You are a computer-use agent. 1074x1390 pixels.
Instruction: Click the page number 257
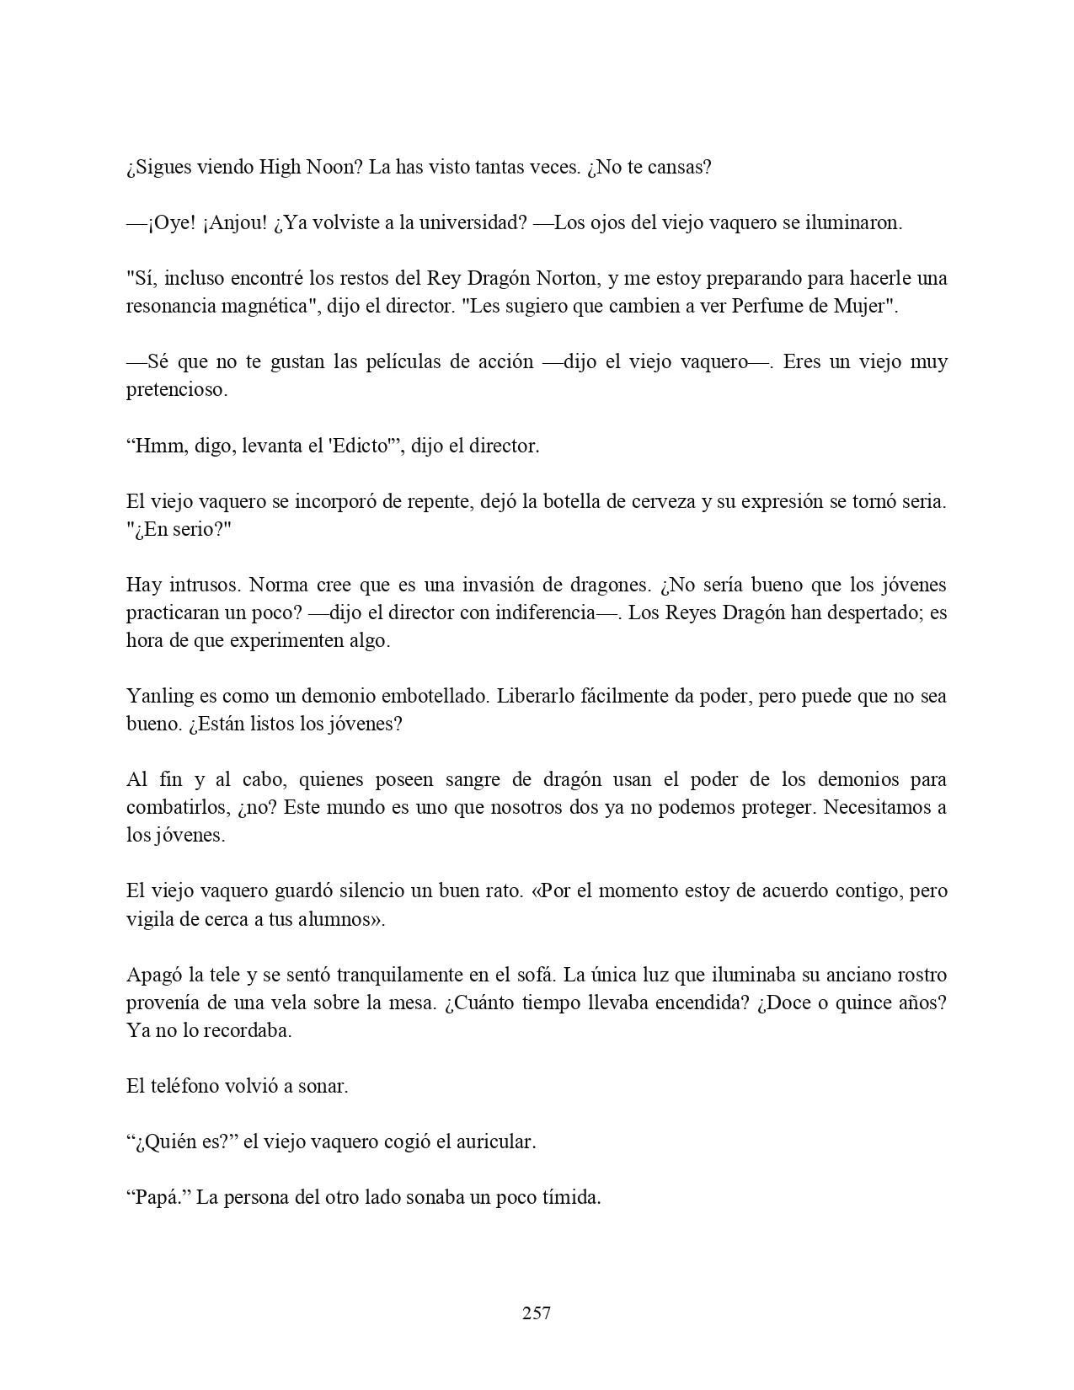coord(537,1312)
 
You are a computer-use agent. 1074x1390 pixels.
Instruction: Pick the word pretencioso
coord(176,389)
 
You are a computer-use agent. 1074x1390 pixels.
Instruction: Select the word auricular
coord(493,1141)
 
